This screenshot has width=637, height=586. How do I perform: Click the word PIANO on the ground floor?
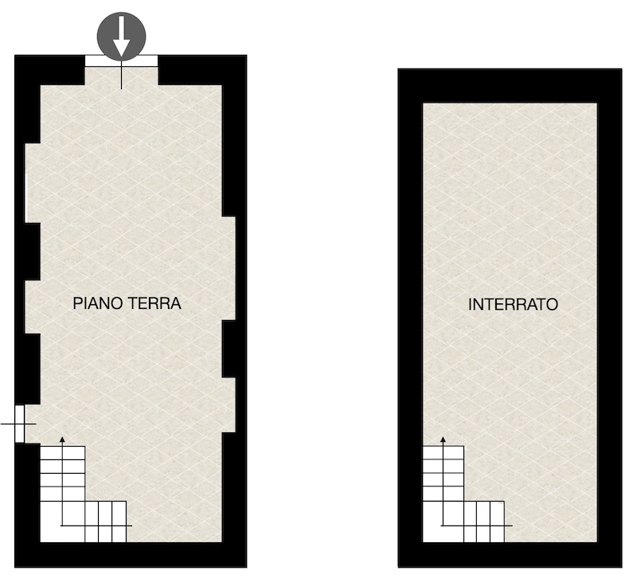pos(96,303)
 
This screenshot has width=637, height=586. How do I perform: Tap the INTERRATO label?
pos(513,304)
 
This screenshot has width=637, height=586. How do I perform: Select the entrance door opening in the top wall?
pos(121,61)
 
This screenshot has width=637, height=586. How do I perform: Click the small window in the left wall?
pos(19,424)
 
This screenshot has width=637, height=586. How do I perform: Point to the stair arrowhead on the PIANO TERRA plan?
pos(62,439)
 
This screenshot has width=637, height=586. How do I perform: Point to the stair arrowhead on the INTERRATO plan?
pos(444,439)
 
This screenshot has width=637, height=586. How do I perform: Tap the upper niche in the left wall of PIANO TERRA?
pos(33,183)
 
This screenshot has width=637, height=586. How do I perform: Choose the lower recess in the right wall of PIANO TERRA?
pos(229,405)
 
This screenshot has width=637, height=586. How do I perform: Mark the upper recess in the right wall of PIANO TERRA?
pos(229,268)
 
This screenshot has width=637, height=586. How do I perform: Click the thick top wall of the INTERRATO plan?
pos(510,86)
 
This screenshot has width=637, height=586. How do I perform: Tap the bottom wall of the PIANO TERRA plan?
pos(131,554)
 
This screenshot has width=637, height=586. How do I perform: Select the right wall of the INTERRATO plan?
pos(609,318)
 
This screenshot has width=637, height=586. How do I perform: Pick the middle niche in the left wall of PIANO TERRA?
pos(33,307)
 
